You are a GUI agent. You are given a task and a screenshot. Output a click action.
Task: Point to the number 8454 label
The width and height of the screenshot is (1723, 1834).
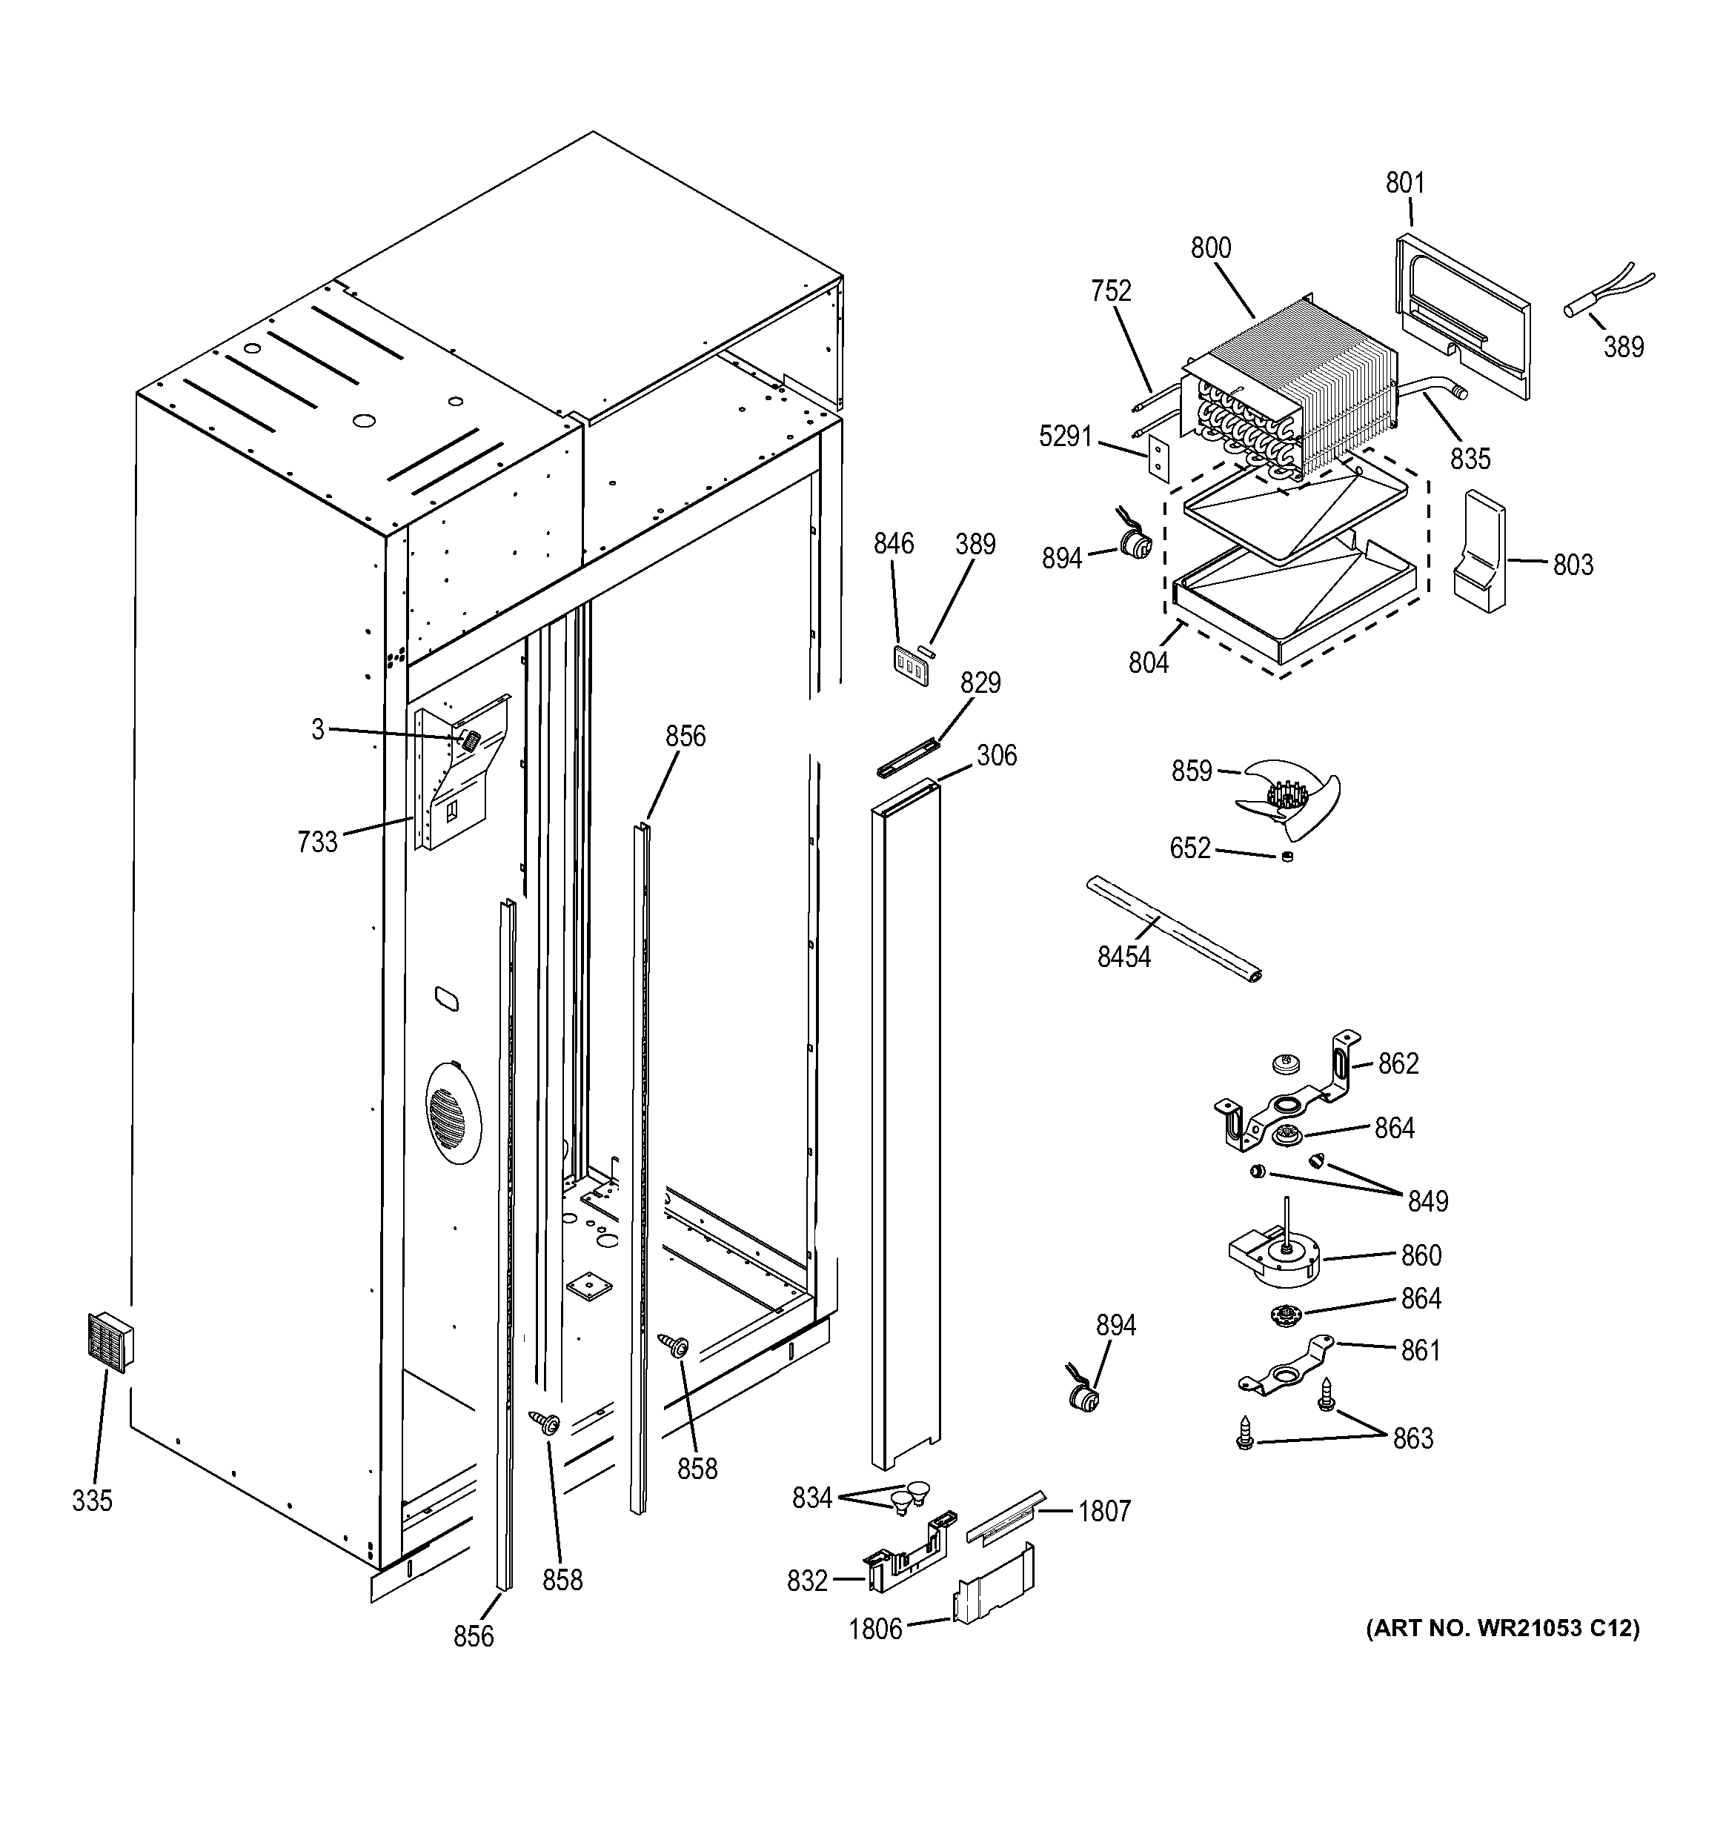point(1123,957)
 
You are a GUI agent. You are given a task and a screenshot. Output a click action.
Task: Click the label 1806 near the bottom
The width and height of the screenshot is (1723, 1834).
point(874,1629)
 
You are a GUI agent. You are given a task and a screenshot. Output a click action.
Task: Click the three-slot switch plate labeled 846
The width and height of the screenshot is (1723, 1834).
point(910,664)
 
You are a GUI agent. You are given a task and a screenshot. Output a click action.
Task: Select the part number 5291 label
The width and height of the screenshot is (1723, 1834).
point(1066,436)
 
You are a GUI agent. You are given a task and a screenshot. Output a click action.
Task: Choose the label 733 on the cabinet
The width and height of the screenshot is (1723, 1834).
point(317,841)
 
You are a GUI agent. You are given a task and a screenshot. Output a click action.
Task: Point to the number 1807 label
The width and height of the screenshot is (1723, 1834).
point(1103,1511)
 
